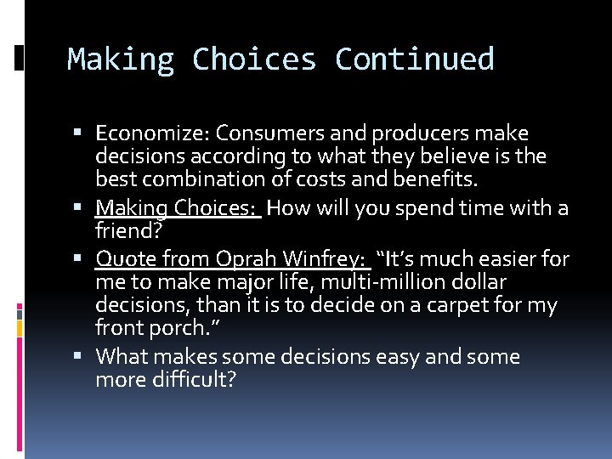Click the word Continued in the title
click(414, 59)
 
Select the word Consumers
click(262, 133)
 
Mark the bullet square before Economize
click(82, 134)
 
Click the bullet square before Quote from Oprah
click(82, 259)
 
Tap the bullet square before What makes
click(82, 357)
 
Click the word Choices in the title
click(253, 59)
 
